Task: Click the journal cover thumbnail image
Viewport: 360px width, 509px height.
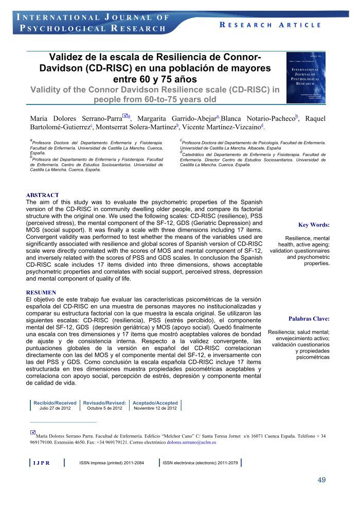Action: click(x=306, y=77)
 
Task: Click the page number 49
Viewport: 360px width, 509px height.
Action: click(x=321, y=480)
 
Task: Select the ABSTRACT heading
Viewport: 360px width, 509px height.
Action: click(x=43, y=195)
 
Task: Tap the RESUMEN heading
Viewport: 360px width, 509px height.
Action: click(x=41, y=292)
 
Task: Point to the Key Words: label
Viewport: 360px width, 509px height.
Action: click(x=314, y=225)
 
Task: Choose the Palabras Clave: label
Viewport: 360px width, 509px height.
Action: click(x=309, y=319)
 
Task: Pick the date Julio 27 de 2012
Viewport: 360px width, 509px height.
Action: click(x=55, y=408)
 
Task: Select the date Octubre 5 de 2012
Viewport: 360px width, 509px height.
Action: click(x=104, y=408)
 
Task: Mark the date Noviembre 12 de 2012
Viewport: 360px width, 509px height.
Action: click(x=155, y=408)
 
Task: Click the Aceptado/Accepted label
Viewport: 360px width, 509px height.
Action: click(x=155, y=403)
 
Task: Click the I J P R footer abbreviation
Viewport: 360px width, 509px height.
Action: click(x=41, y=463)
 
